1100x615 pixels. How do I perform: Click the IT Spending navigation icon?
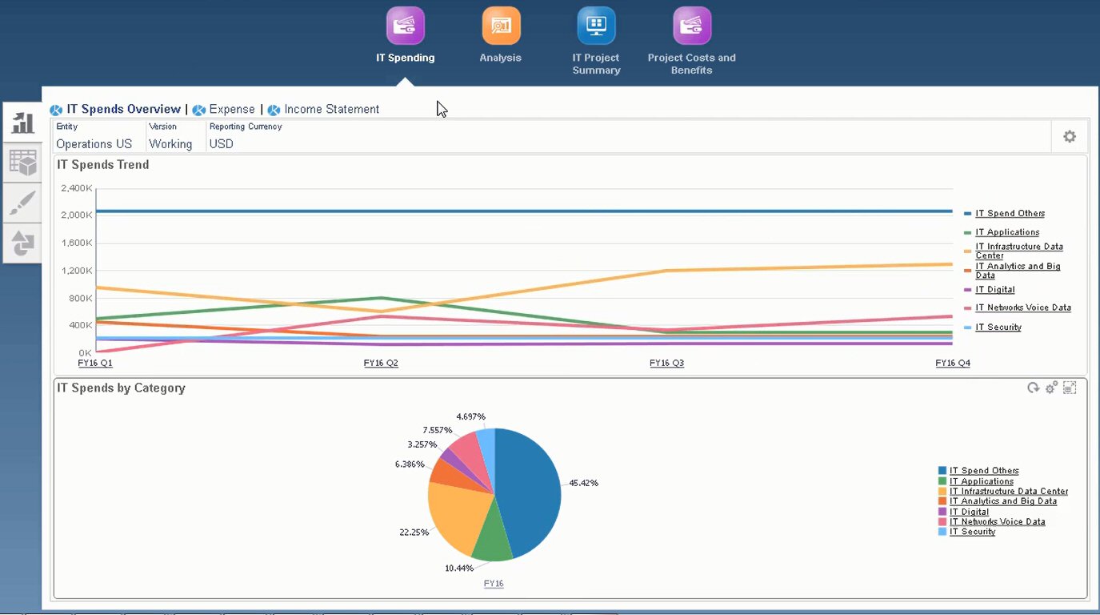(x=405, y=26)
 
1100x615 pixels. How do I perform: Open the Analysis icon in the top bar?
(x=501, y=26)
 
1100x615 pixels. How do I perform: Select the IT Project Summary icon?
(x=596, y=26)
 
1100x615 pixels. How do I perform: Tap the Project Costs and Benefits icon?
(x=691, y=26)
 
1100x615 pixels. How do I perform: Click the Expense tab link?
(x=231, y=110)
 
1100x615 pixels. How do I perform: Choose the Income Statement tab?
(x=331, y=110)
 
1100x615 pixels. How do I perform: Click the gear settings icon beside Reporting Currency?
(x=1069, y=137)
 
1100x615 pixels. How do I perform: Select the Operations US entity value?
(x=94, y=144)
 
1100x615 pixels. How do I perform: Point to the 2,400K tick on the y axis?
(x=77, y=188)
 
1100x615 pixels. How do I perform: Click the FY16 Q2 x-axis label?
(x=381, y=364)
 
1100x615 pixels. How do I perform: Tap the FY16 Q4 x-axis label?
(x=953, y=364)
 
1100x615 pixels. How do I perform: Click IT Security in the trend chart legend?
(x=998, y=328)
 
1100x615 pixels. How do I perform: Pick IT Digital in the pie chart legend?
(x=969, y=512)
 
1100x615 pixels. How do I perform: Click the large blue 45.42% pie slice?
(x=529, y=488)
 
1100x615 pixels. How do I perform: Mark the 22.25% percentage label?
(x=414, y=533)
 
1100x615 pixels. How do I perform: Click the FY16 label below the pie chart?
(x=494, y=584)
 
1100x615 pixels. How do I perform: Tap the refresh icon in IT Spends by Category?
(x=1033, y=388)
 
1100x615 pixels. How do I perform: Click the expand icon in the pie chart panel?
(x=1070, y=388)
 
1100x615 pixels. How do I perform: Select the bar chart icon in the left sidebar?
(x=22, y=123)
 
